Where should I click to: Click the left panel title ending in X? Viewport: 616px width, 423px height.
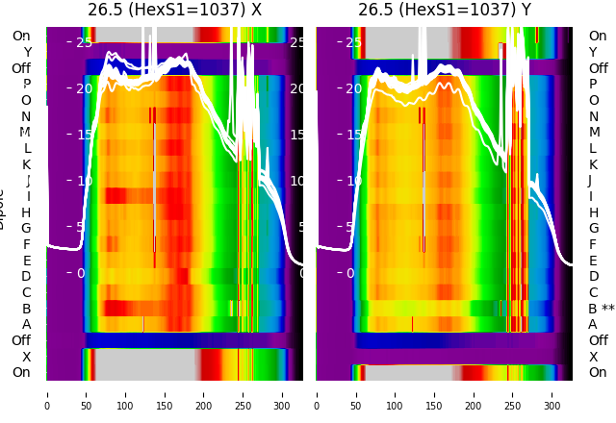[174, 10]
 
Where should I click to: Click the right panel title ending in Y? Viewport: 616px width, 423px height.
[445, 10]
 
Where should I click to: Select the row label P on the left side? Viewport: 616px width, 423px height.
[26, 85]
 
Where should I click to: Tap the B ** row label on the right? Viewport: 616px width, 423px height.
[602, 309]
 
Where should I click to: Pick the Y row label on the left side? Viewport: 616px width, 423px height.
[27, 53]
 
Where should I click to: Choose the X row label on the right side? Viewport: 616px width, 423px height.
[593, 357]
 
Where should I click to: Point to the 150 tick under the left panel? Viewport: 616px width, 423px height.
[165, 394]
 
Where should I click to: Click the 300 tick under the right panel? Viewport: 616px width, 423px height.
[552, 394]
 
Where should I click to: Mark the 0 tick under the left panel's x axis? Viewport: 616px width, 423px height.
[47, 394]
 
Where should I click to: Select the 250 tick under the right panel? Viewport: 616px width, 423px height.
[513, 394]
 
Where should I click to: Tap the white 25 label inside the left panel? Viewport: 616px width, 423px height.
[83, 42]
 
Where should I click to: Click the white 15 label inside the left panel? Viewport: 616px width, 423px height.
[83, 135]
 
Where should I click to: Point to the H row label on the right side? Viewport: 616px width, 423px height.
[593, 212]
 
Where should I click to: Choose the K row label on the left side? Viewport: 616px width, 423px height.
[26, 164]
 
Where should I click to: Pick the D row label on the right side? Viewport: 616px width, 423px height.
[593, 277]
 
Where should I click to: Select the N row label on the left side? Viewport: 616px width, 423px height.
[26, 116]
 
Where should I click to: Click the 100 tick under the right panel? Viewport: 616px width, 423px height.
[396, 394]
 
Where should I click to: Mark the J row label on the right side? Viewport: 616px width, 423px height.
[590, 181]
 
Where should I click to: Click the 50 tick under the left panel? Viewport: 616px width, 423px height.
[87, 394]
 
